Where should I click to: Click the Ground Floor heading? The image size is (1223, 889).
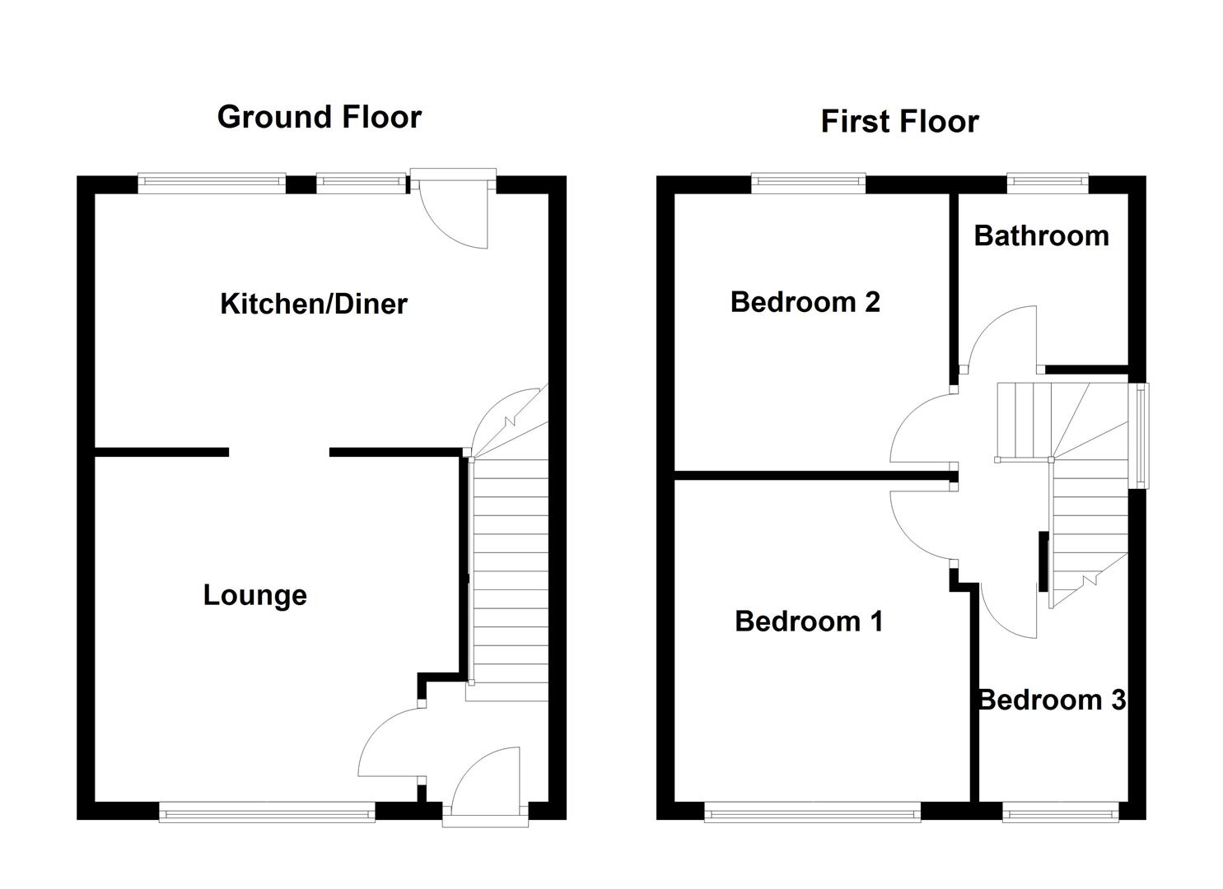(x=319, y=117)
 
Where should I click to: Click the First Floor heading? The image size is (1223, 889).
(x=899, y=122)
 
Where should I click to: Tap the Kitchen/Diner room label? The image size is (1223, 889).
(x=313, y=304)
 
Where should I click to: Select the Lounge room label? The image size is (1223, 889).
(x=254, y=594)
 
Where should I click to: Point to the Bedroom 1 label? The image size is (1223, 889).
(x=809, y=621)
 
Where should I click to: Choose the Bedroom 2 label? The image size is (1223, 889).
(x=805, y=302)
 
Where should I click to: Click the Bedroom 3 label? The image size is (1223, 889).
(x=1051, y=700)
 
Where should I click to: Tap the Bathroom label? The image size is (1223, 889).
(x=1041, y=236)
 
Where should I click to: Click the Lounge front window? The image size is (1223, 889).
(x=267, y=813)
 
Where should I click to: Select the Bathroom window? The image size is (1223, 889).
(x=1048, y=184)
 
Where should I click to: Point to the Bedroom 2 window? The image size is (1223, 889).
(x=808, y=184)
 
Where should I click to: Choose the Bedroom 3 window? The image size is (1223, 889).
(x=1061, y=813)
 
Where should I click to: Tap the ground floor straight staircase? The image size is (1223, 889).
(x=507, y=576)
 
